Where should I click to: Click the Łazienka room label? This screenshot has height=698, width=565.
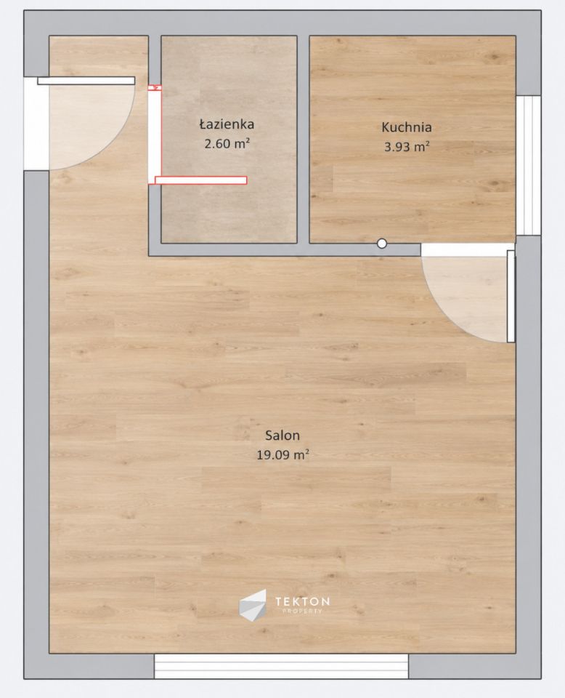pyautogui.click(x=227, y=124)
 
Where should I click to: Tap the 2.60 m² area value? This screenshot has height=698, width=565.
pyautogui.click(x=227, y=143)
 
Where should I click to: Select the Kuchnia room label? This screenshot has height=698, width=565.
pyautogui.click(x=406, y=127)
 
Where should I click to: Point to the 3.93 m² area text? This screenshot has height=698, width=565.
pyautogui.click(x=407, y=146)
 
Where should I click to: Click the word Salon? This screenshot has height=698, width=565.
pyautogui.click(x=282, y=435)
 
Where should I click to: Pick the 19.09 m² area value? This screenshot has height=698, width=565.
pyautogui.click(x=282, y=454)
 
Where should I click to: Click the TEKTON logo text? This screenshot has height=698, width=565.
pyautogui.click(x=302, y=601)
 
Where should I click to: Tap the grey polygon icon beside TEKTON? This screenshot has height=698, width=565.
pyautogui.click(x=253, y=605)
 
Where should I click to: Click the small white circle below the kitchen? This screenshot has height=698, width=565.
pyautogui.click(x=382, y=244)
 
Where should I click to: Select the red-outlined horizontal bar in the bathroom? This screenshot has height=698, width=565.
pyautogui.click(x=201, y=180)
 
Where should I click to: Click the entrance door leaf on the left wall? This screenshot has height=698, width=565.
pyautogui.click(x=86, y=81)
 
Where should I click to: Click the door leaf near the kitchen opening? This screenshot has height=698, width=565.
pyautogui.click(x=511, y=296)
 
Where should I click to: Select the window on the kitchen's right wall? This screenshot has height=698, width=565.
pyautogui.click(x=529, y=165)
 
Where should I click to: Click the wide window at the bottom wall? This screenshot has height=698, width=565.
pyautogui.click(x=281, y=666)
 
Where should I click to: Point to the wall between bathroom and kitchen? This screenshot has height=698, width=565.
pyautogui.click(x=303, y=140)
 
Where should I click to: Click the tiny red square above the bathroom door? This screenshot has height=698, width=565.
pyautogui.click(x=155, y=88)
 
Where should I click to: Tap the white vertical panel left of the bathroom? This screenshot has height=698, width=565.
pyautogui.click(x=155, y=137)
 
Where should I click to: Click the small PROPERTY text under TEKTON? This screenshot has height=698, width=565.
pyautogui.click(x=302, y=611)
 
